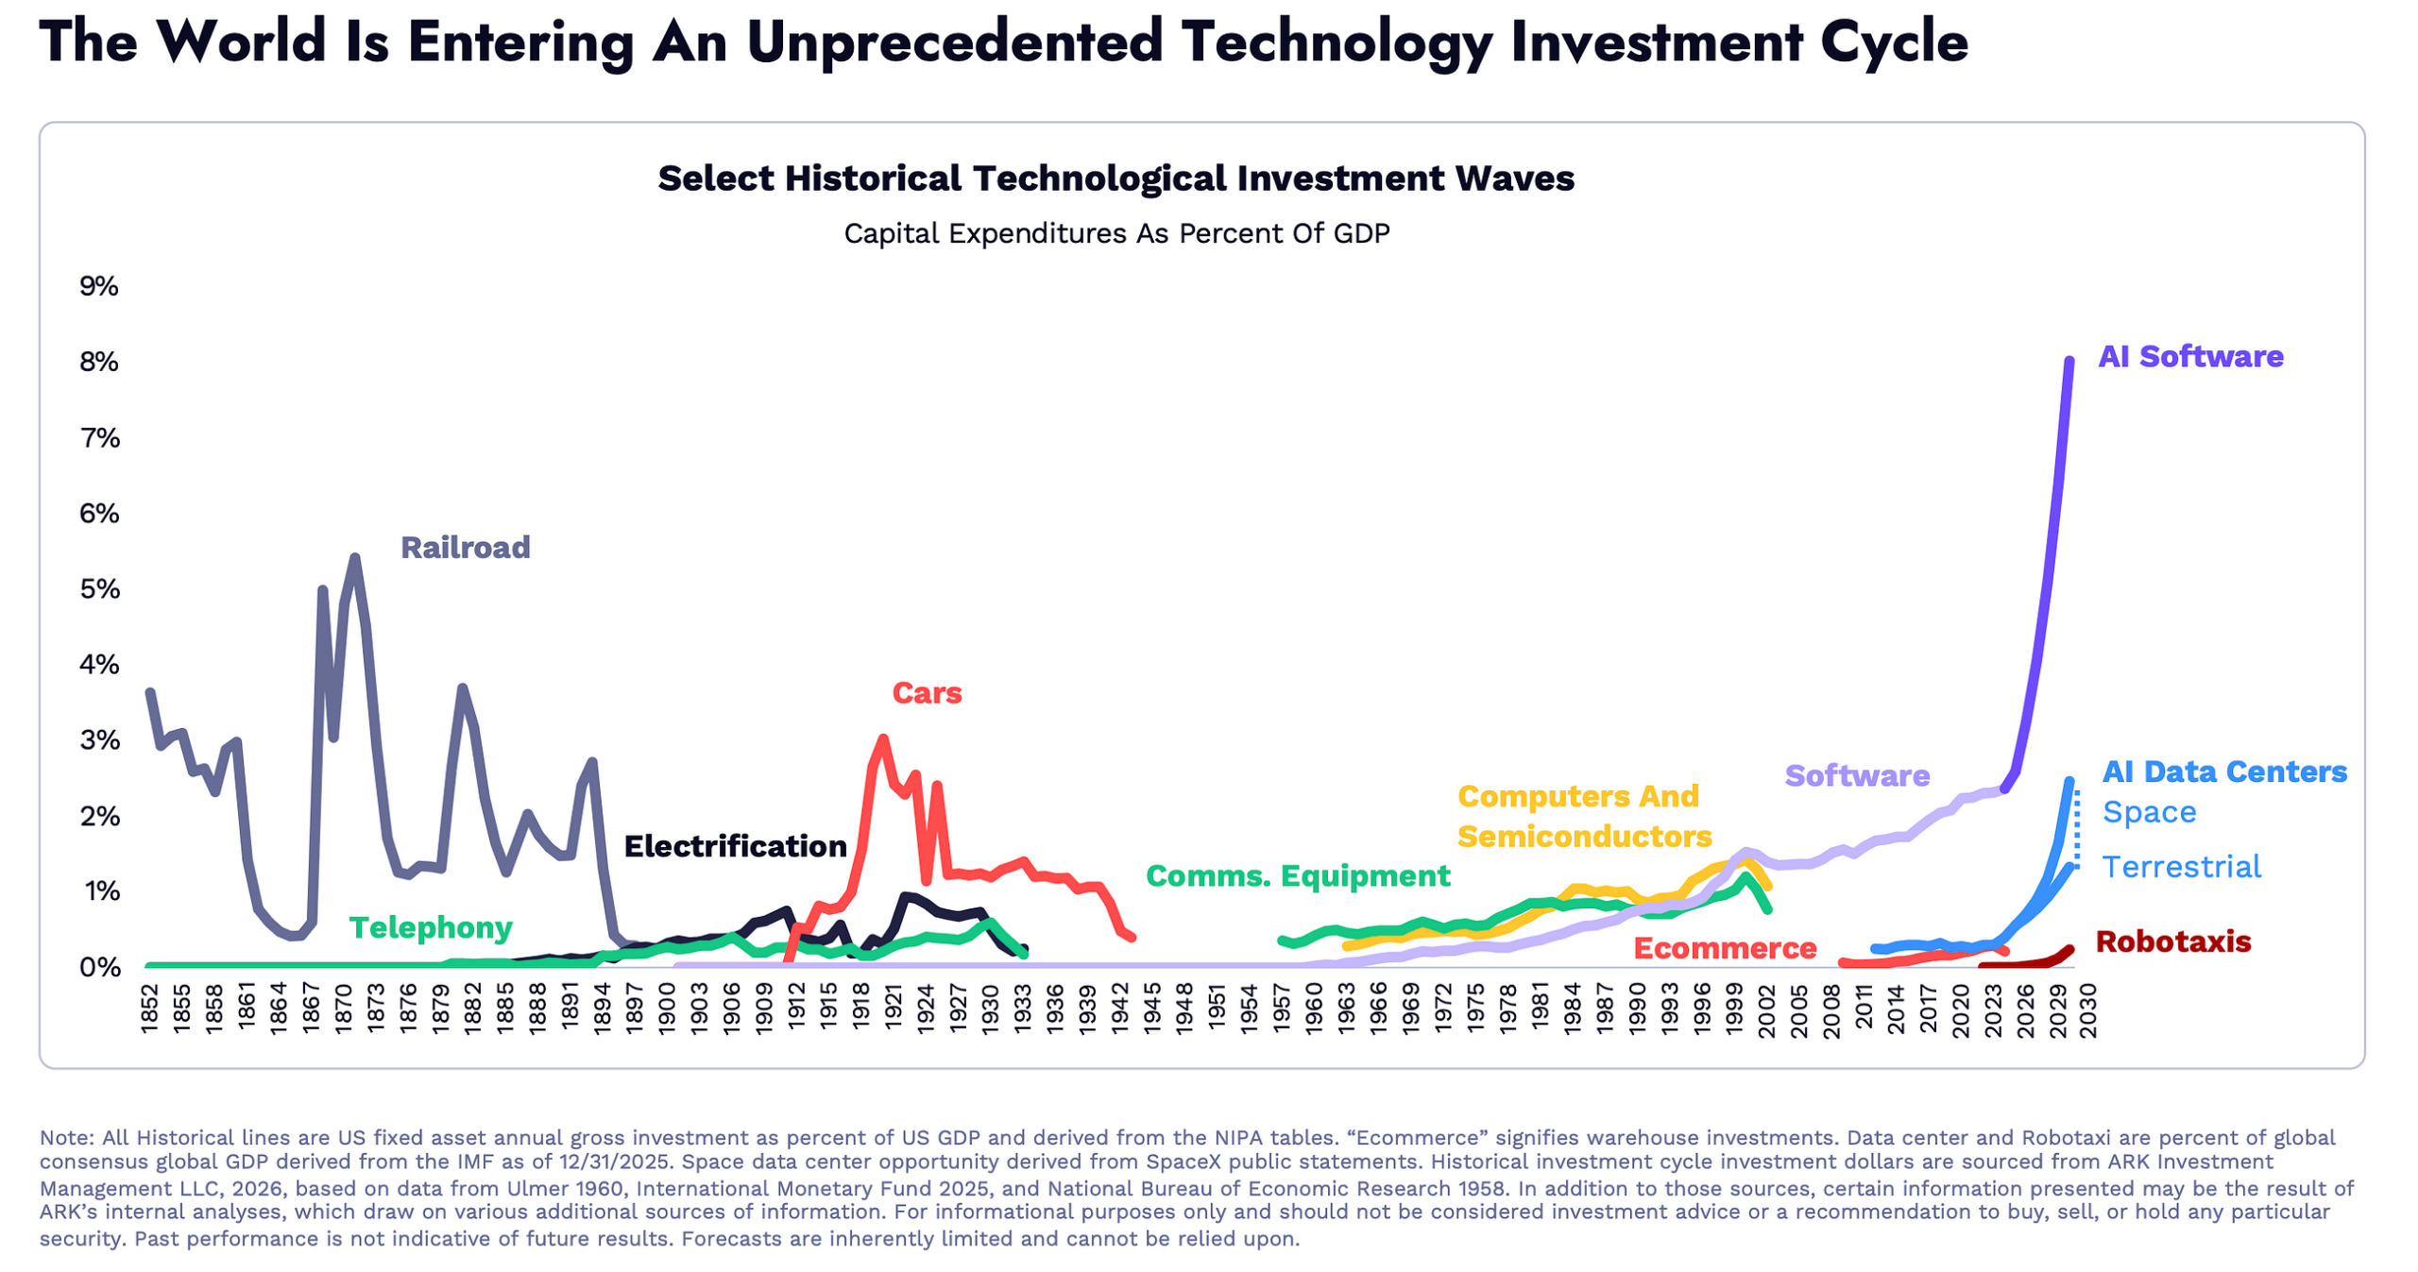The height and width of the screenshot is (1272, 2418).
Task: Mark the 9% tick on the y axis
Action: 98,285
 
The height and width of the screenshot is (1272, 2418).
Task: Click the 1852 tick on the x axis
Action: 149,1007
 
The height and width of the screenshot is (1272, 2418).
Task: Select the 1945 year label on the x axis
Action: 1151,1007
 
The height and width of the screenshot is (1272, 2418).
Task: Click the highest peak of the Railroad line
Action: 354,556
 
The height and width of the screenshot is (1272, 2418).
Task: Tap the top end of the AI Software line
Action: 2069,360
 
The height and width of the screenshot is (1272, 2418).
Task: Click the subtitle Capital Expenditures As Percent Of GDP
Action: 1115,232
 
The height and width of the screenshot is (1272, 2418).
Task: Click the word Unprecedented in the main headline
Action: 954,42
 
